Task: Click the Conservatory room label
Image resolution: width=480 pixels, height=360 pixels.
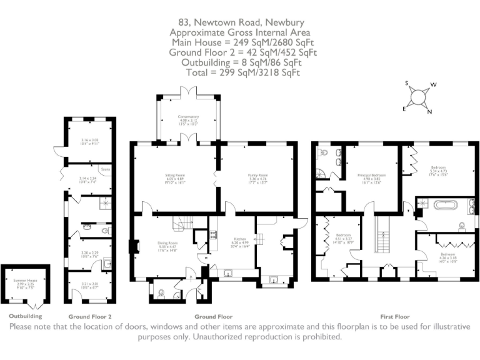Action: tap(187, 117)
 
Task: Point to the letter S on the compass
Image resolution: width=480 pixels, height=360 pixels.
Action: tap(407, 83)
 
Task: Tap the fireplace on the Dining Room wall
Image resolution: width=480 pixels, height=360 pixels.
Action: tap(132, 246)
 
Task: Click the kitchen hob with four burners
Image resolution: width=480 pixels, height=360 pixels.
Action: tap(213, 236)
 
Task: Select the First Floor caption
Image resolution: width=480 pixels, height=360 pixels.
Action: tap(394, 316)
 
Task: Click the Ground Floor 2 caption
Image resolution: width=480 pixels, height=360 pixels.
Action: tap(90, 316)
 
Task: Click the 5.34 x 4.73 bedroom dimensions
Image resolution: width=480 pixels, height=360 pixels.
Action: tap(440, 171)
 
